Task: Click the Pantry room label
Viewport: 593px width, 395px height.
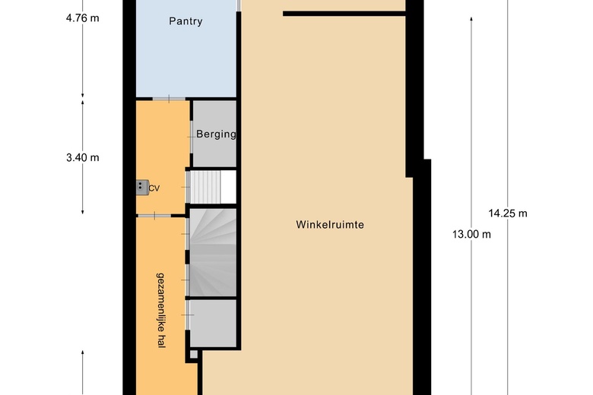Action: pos(186,21)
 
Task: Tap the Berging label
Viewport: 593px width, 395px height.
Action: pos(216,134)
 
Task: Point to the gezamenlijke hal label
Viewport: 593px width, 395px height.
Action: pos(160,310)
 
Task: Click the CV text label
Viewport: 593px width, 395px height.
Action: pos(154,188)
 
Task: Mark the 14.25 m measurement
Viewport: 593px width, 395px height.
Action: pos(508,213)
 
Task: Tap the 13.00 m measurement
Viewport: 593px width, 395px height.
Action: pos(471,234)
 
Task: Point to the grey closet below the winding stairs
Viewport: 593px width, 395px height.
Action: pos(214,323)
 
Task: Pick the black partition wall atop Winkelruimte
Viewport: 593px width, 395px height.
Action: pos(344,13)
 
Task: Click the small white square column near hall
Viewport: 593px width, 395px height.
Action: pos(194,354)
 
